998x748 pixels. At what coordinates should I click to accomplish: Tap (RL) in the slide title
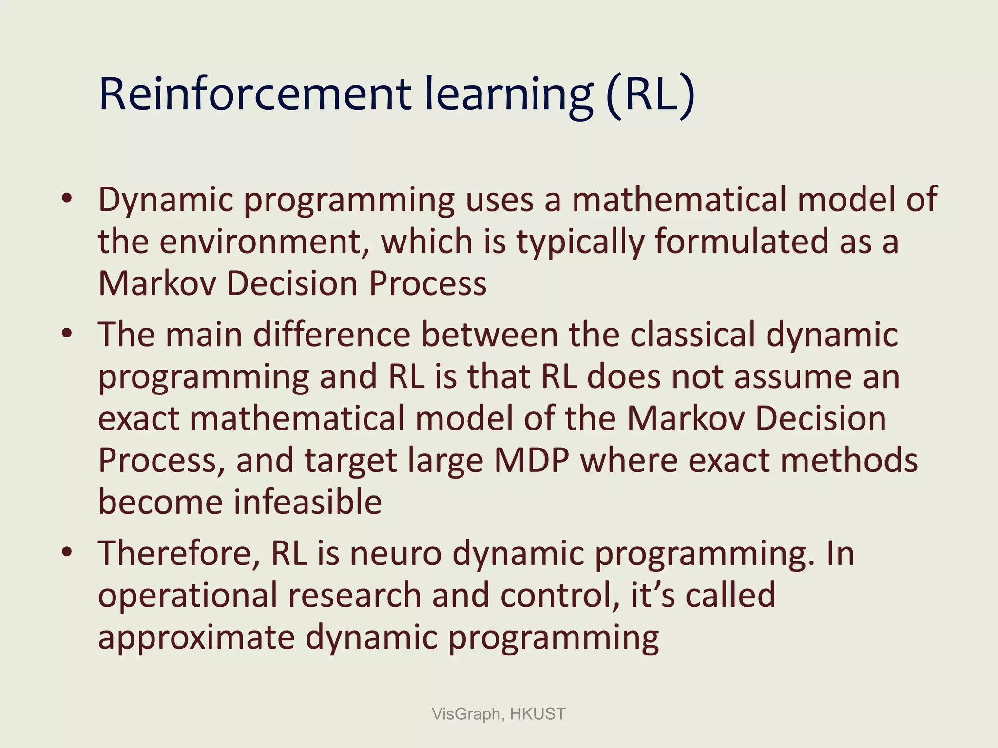(x=651, y=94)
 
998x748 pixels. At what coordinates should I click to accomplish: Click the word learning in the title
(x=509, y=94)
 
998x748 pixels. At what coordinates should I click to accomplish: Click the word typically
(x=580, y=242)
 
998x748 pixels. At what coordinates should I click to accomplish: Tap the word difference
(x=332, y=335)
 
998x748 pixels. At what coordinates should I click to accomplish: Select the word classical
(x=692, y=335)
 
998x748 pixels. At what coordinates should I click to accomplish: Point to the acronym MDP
(x=532, y=460)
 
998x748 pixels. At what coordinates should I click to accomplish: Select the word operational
(x=187, y=596)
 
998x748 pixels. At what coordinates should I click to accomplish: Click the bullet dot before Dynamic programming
(x=67, y=199)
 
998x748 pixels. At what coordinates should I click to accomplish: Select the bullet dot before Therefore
(x=67, y=552)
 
